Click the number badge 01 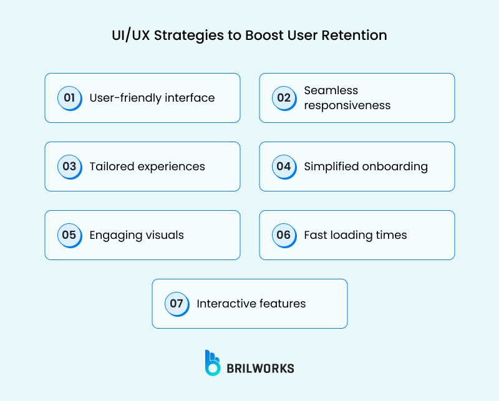(x=69, y=98)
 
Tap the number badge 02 (x=284, y=98)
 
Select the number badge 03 (x=69, y=167)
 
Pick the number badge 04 (x=284, y=167)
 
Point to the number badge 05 (x=69, y=235)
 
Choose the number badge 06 (x=284, y=235)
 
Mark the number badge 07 (x=177, y=304)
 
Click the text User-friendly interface (x=152, y=98)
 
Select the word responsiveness (x=347, y=105)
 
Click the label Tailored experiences (x=147, y=167)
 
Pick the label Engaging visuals (x=137, y=235)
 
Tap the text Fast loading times (x=356, y=235)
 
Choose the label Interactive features (x=251, y=304)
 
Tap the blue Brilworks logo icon (x=213, y=363)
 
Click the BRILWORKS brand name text (x=260, y=368)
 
